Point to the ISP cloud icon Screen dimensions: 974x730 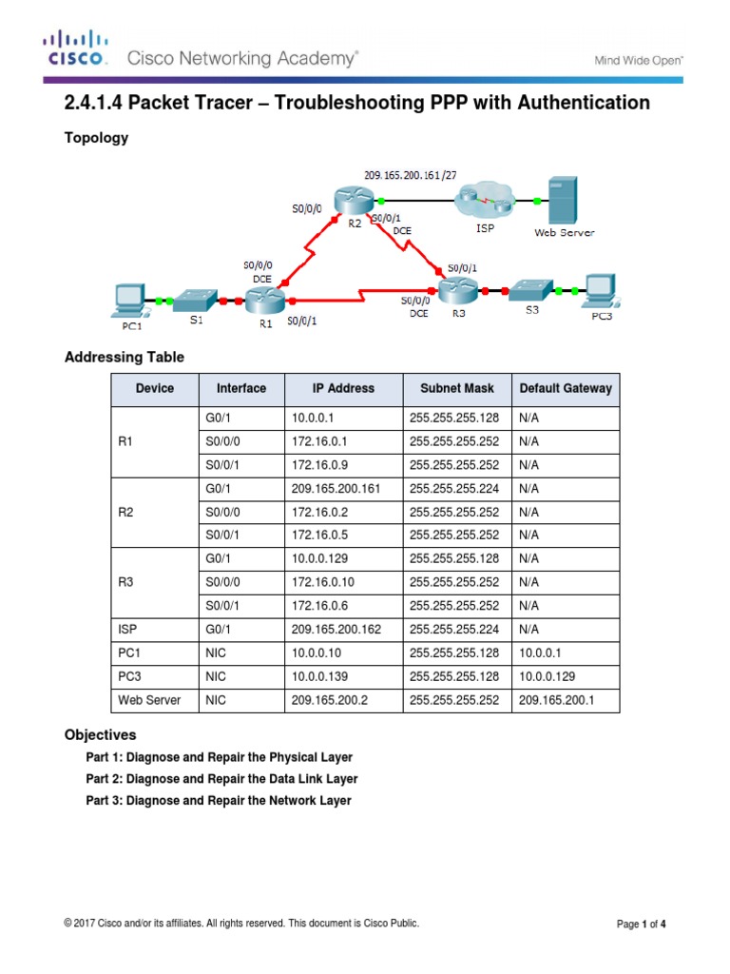[484, 202]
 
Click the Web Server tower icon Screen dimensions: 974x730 [562, 199]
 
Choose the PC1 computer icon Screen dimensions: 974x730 [127, 298]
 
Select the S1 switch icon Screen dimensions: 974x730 [196, 301]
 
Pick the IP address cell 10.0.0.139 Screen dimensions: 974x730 [319, 676]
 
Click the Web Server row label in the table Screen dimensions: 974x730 [149, 700]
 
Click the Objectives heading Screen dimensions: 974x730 [100, 735]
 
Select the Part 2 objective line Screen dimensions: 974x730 [221, 779]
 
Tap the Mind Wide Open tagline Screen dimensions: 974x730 [638, 60]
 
